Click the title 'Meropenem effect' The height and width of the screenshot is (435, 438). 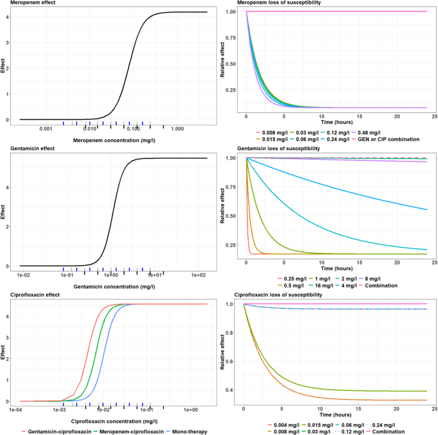(27, 3)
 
